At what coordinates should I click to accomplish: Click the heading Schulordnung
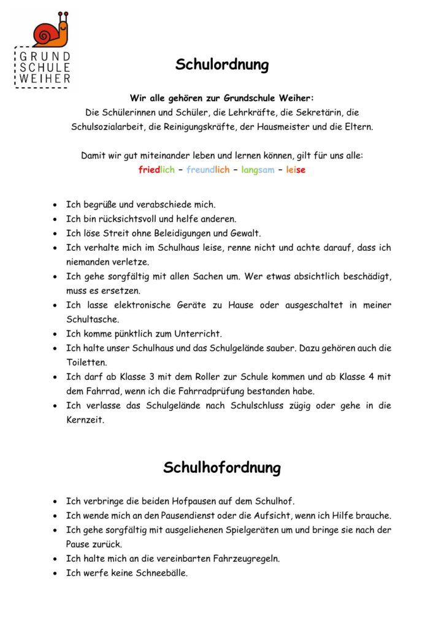222,64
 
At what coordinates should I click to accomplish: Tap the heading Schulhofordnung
222,467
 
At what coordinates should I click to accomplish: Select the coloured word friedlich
156,170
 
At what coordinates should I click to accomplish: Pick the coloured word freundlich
208,170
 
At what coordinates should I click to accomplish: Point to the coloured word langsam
258,170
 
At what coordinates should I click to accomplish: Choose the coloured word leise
296,170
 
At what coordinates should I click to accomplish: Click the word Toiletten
86,362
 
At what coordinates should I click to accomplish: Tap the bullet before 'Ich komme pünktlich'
56,334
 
